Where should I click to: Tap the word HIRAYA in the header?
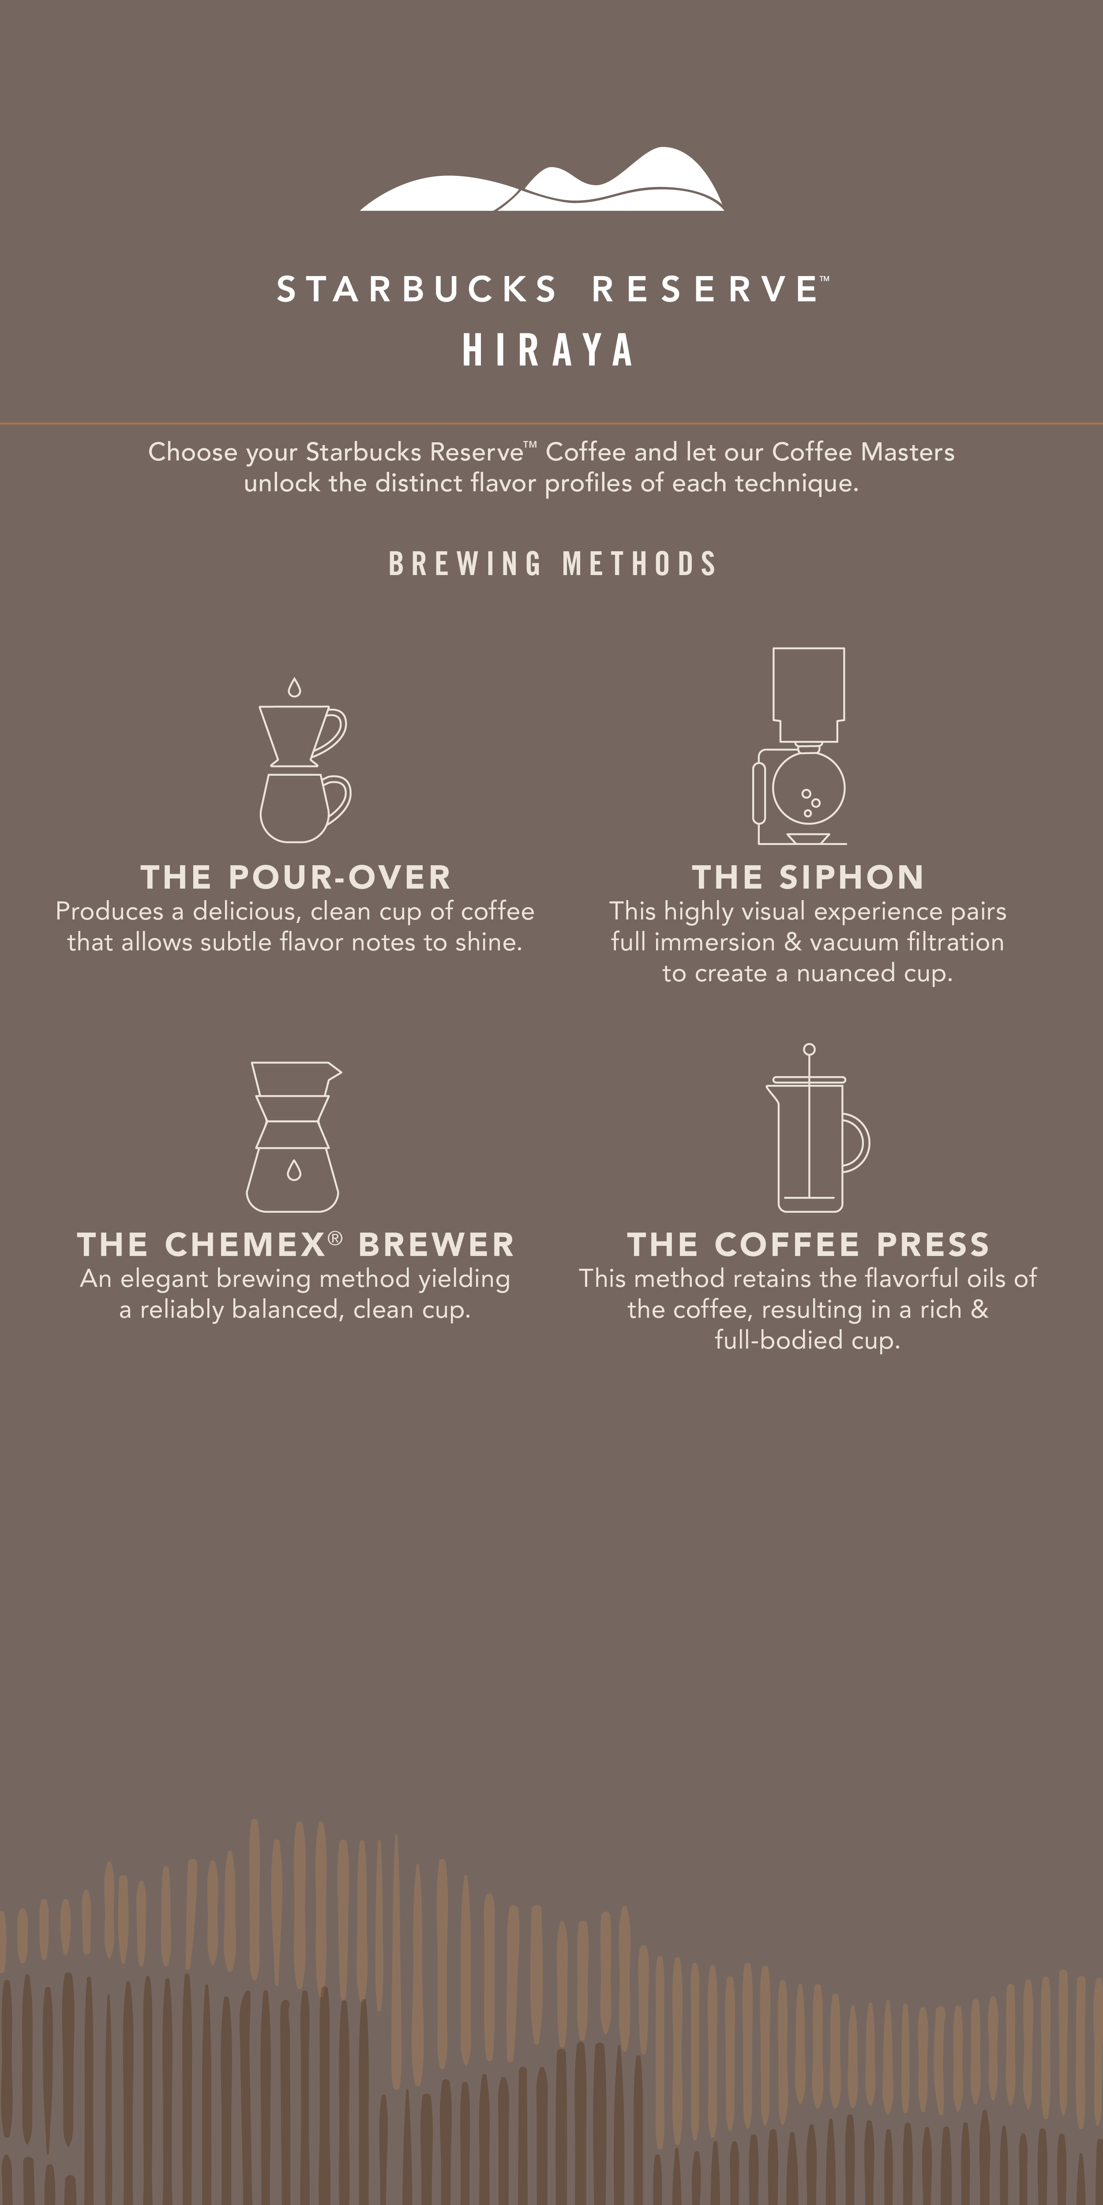pyautogui.click(x=548, y=350)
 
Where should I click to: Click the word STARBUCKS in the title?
pyautogui.click(x=417, y=289)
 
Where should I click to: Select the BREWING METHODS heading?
pyautogui.click(x=552, y=563)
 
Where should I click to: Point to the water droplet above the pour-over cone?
pyautogui.click(x=295, y=688)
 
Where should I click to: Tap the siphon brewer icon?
pyautogui.click(x=800, y=746)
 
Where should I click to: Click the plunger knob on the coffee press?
pyautogui.click(x=809, y=1050)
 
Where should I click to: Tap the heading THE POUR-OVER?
pyautogui.click(x=296, y=878)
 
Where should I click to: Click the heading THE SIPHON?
pyautogui.click(x=807, y=878)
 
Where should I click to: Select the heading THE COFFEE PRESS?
pyautogui.click(x=807, y=1245)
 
